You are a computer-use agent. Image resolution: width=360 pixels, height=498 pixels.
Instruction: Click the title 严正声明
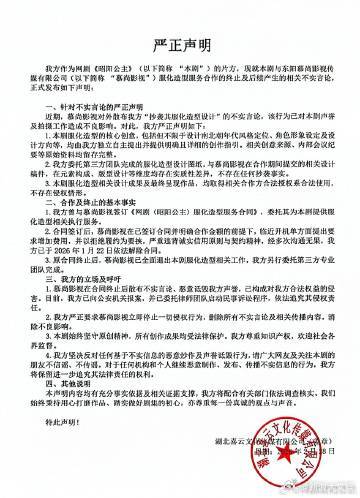[179, 45]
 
